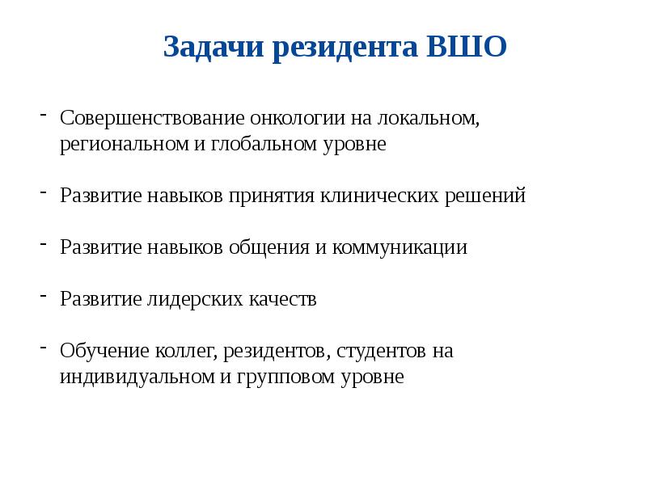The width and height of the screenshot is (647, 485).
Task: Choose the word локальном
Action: pyautogui.click(x=428, y=119)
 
